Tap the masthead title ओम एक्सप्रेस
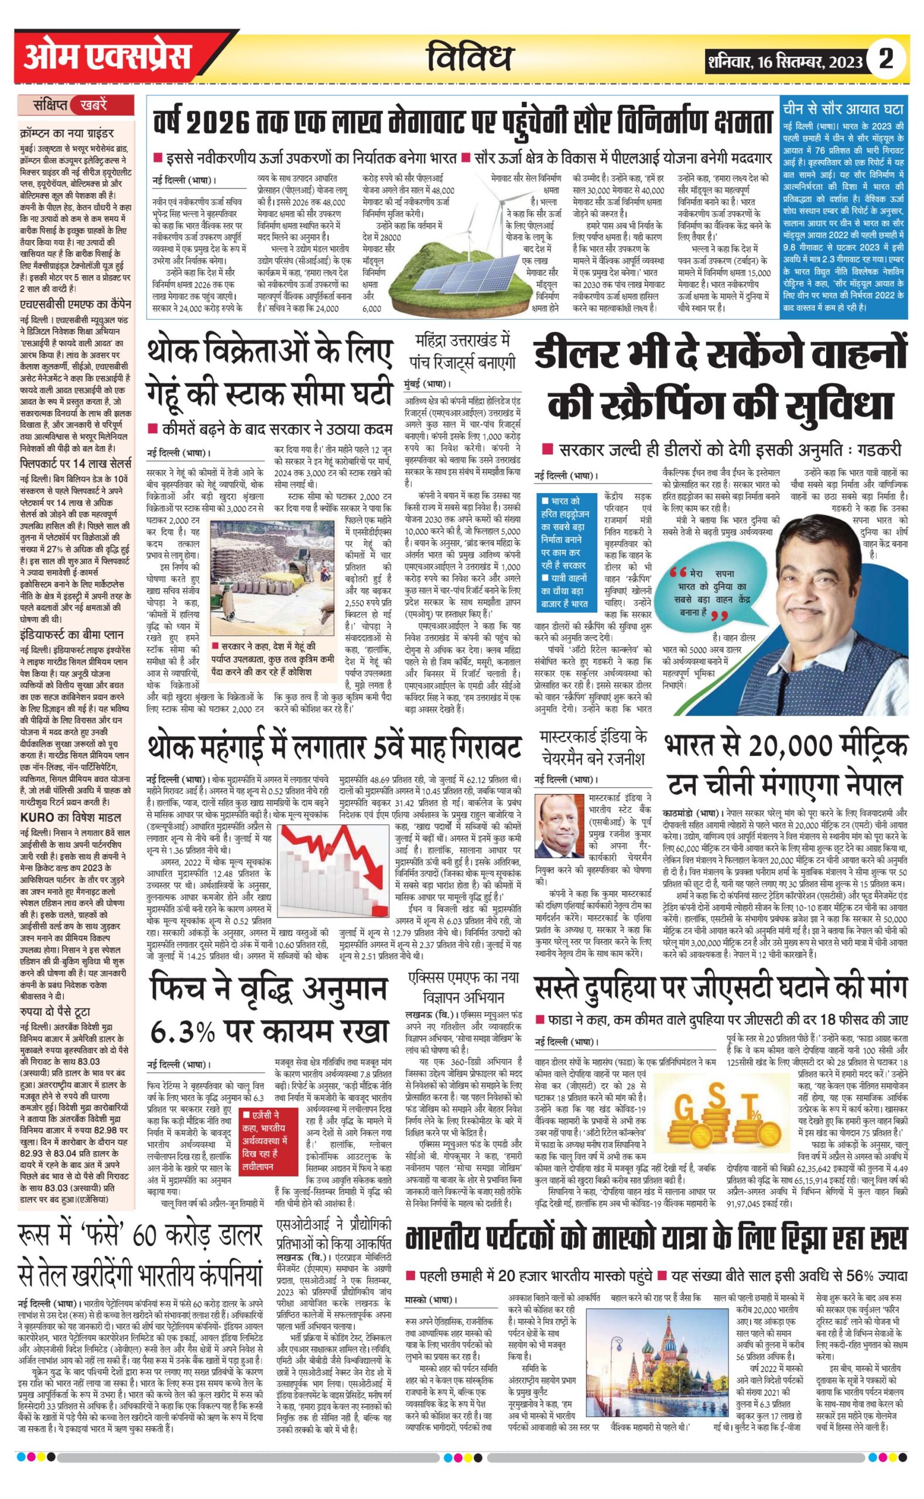click(108, 58)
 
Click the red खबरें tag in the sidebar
click(94, 105)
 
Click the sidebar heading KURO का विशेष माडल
click(71, 817)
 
